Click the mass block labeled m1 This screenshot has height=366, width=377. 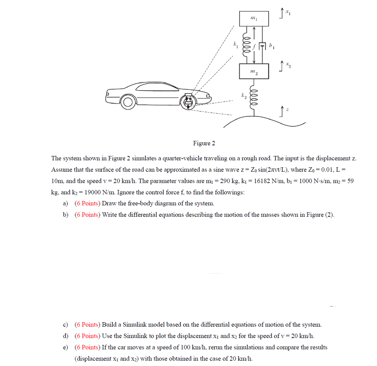[x=254, y=19]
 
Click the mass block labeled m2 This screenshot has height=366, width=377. [x=254, y=71]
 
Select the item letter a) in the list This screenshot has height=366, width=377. [x=66, y=203]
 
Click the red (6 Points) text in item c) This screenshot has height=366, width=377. [x=87, y=325]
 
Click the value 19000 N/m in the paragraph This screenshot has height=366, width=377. [x=92, y=192]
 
